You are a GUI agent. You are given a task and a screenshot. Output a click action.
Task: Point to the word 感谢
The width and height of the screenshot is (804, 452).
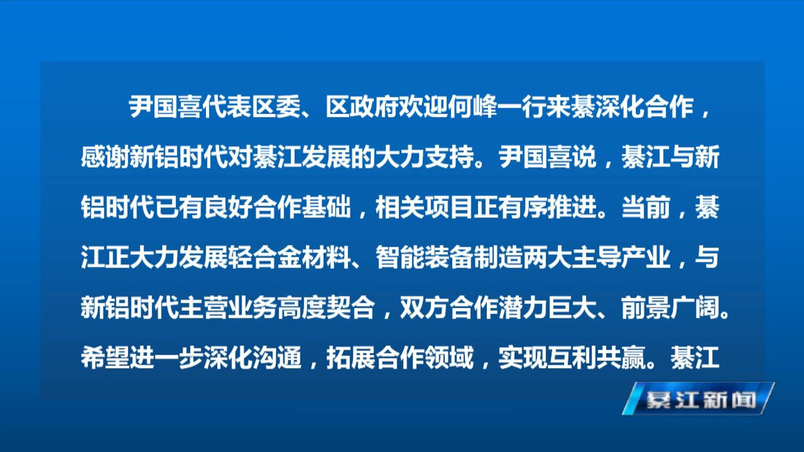105,157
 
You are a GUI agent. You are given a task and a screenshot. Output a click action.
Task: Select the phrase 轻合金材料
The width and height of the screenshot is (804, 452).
290,257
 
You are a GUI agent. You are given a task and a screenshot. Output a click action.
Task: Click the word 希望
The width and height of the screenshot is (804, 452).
105,358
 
